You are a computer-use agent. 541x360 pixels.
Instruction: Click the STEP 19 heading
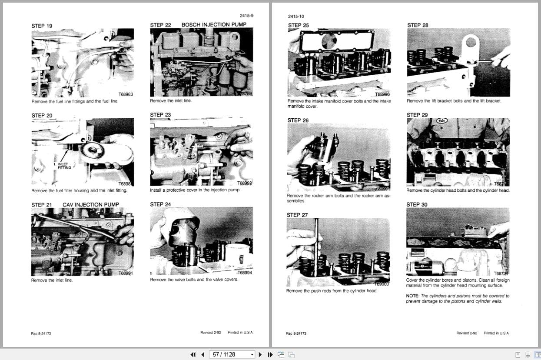coord(42,26)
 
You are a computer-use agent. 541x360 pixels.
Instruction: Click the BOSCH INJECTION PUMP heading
coord(214,25)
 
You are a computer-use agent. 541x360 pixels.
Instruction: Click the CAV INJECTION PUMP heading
coord(91,205)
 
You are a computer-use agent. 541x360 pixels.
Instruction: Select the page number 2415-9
coord(246,16)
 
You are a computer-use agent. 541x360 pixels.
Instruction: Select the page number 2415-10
coord(296,17)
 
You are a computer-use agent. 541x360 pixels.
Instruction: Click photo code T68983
coord(126,94)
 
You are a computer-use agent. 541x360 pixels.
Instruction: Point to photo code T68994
coord(245,273)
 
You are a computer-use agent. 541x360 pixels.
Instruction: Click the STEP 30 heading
coord(417,204)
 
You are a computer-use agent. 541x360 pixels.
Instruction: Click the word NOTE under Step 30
coord(412,296)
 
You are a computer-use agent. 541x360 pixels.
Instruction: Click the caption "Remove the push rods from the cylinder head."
coord(332,291)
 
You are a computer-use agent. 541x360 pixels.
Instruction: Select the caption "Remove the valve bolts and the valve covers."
coord(194,280)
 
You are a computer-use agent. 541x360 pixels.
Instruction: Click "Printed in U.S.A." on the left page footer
coord(240,333)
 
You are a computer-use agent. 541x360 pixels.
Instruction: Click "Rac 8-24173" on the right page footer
coord(296,333)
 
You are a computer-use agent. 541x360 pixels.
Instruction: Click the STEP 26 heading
coord(298,120)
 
